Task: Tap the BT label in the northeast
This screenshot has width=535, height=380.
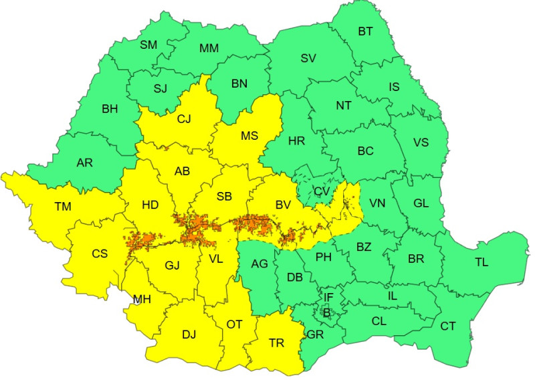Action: click(366, 31)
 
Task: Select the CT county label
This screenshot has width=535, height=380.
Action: click(448, 326)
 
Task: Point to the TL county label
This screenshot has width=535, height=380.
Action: click(481, 262)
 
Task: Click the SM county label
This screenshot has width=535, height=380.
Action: click(148, 45)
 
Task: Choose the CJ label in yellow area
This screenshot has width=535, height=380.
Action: click(184, 120)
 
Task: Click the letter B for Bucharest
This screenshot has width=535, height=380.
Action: click(327, 312)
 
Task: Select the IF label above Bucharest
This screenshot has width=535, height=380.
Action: click(328, 297)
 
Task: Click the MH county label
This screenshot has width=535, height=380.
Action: click(141, 299)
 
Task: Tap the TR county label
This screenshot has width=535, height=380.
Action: click(276, 343)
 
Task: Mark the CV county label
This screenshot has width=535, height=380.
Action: click(322, 191)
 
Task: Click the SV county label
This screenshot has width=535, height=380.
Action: click(308, 58)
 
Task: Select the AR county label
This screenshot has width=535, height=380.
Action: click(84, 163)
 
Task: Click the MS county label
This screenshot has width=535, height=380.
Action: click(249, 136)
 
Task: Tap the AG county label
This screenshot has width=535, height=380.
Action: click(259, 264)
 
